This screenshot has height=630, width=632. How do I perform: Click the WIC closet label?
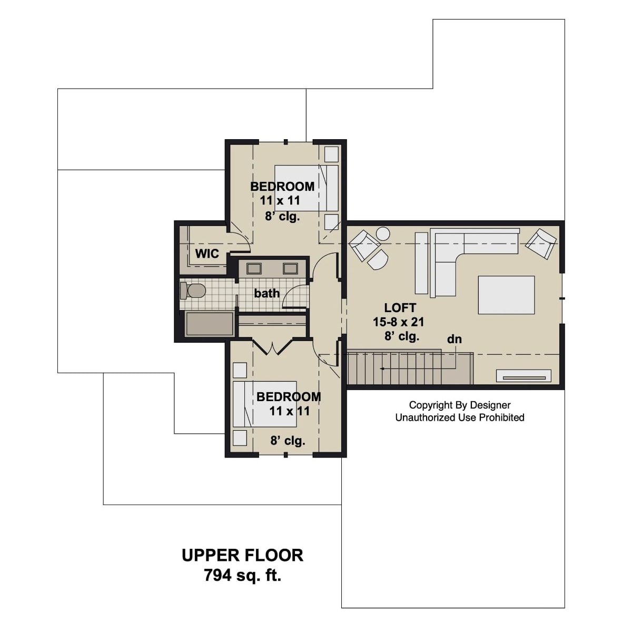click(207, 254)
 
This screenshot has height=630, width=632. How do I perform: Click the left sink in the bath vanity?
click(254, 268)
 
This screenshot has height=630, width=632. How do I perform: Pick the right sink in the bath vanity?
click(290, 268)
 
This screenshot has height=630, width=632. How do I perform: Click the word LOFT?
click(400, 308)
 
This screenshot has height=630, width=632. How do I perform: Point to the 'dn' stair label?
click(454, 339)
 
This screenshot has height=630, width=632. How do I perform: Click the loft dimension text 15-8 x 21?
click(399, 322)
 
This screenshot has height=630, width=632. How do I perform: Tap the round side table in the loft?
click(382, 233)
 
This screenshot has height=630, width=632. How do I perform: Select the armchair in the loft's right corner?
click(540, 244)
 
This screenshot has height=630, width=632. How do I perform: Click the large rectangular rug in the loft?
click(506, 295)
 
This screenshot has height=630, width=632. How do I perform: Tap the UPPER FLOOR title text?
click(242, 555)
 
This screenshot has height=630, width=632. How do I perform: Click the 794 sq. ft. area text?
click(242, 575)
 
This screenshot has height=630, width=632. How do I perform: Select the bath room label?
click(266, 293)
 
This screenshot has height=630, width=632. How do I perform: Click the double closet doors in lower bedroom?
click(272, 347)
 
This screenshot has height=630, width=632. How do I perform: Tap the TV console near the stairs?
click(524, 376)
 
